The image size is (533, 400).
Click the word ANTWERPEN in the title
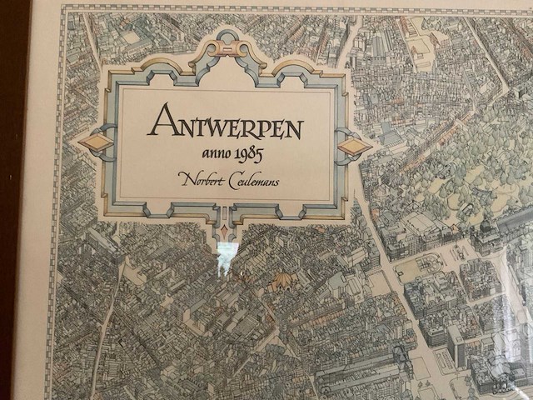click(225, 126)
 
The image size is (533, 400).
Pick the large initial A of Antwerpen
click(161, 122)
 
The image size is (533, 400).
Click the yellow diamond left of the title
click(96, 142)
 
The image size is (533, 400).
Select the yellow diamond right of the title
click(355, 147)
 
